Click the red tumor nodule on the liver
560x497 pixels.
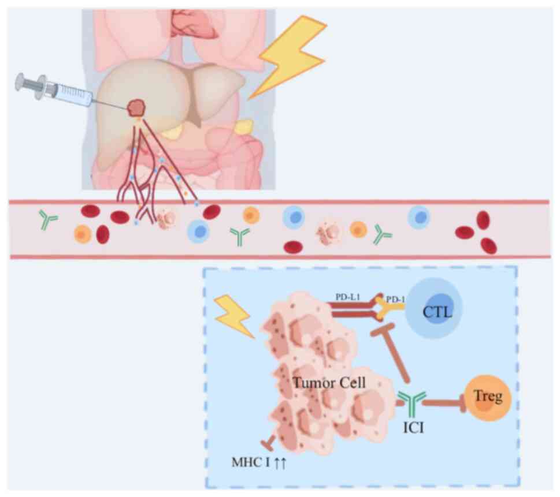pyautogui.click(x=136, y=107)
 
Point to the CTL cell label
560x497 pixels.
pyautogui.click(x=436, y=313)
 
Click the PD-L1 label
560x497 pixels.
pyautogui.click(x=347, y=296)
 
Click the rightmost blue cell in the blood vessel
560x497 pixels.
pyautogui.click(x=418, y=218)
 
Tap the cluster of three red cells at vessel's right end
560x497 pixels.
pyautogui.click(x=477, y=233)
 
